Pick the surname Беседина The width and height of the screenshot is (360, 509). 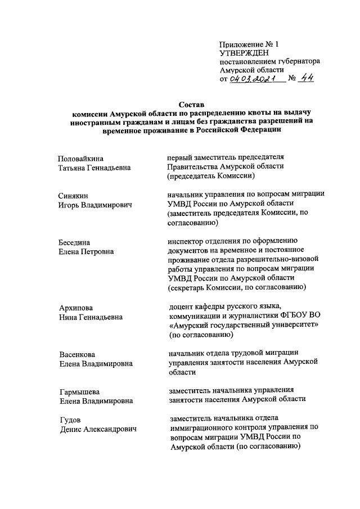point(74,242)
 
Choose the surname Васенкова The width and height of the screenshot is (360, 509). point(78,354)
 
